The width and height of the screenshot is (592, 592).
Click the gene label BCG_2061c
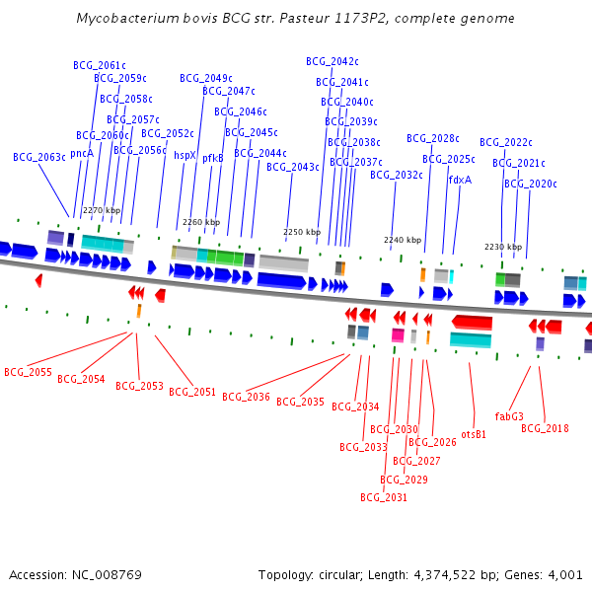point(100,65)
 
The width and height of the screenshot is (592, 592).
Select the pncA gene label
point(82,153)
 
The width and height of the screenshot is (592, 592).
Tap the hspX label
point(185,155)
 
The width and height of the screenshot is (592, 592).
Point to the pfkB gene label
point(213,157)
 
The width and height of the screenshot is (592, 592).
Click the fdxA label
point(460,180)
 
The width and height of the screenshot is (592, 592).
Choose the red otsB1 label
point(474,434)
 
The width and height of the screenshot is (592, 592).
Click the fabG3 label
point(509,416)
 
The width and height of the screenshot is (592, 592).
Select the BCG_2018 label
point(545,428)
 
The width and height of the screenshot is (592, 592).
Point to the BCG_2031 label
point(384,497)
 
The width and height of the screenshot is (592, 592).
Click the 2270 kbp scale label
point(102,210)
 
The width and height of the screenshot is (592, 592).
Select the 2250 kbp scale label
point(302,232)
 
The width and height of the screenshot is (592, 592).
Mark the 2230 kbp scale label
point(502,247)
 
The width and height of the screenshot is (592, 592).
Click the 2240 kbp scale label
point(403,240)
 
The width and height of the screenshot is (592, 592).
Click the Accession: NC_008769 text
point(75,574)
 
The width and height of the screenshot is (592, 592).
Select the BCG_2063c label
point(39,157)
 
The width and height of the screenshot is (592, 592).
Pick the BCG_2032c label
point(397,175)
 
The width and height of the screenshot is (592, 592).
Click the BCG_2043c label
point(293,167)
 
